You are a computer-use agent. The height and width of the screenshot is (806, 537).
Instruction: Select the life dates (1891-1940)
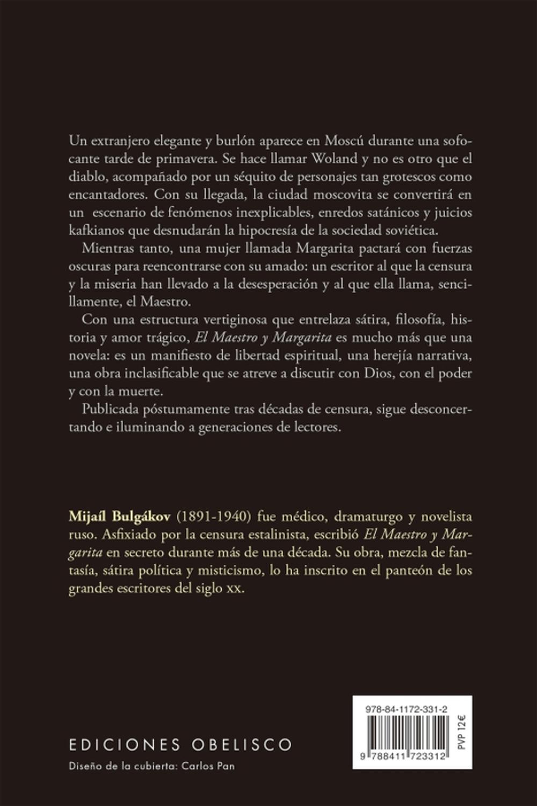pyautogui.click(x=215, y=517)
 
